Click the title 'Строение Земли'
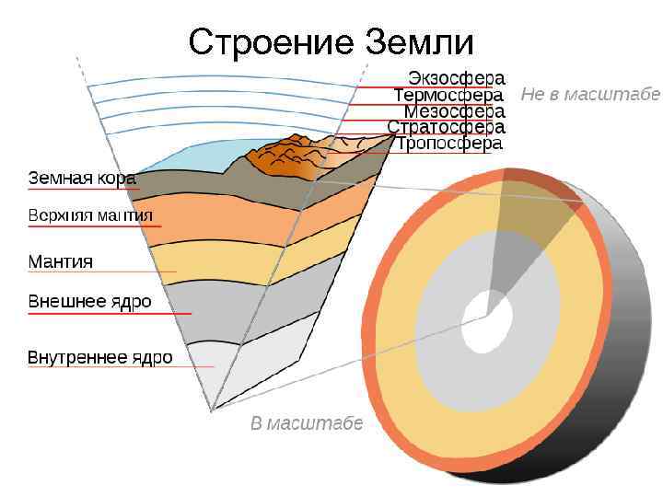[x=331, y=42]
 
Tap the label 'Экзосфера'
[x=456, y=78]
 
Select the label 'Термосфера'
[x=448, y=95]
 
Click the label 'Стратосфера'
[x=446, y=127]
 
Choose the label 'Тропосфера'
[x=449, y=144]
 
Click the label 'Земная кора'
[x=82, y=179]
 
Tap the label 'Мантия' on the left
[x=61, y=261]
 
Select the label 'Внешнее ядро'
[x=89, y=302]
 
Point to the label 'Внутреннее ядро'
[x=99, y=357]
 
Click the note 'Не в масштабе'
[x=590, y=94]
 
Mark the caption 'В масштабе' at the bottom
[x=307, y=423]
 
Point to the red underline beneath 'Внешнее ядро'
[x=110, y=314]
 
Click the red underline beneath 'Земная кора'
[x=83, y=191]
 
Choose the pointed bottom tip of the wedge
[x=212, y=410]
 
